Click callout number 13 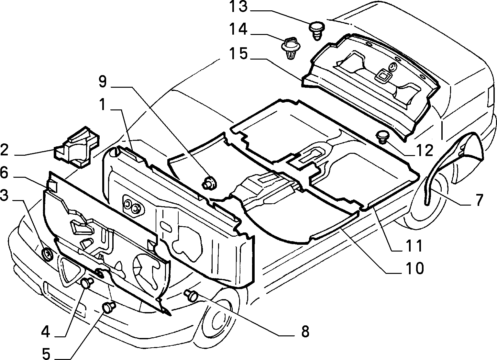(x=238, y=7)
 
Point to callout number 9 (x=103, y=82)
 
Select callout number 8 (x=305, y=332)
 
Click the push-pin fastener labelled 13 (x=317, y=31)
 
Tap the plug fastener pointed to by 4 (x=87, y=283)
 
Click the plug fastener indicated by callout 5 (x=109, y=307)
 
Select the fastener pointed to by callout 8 (x=191, y=296)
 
